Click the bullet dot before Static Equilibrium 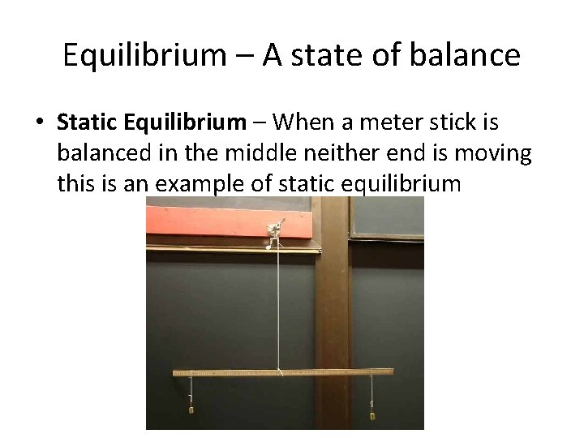pos(38,123)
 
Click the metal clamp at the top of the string pos(274,230)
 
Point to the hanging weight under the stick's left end pos(191,409)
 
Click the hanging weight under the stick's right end pos(373,414)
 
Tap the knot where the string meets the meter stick pos(281,371)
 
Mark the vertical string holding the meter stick pos(279,308)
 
